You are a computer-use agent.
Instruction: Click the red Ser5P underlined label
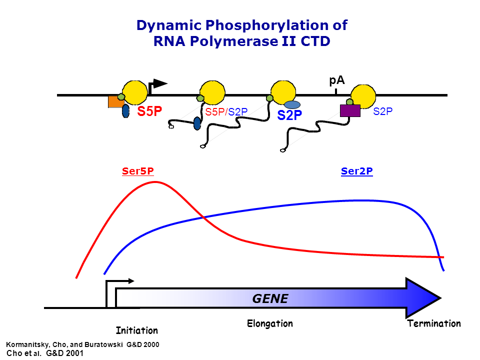click(x=137, y=171)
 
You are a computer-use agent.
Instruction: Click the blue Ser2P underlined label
click(x=357, y=171)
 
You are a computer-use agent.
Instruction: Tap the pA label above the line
click(x=337, y=81)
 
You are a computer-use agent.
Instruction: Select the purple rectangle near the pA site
click(x=350, y=110)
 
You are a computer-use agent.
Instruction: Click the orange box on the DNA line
click(x=115, y=102)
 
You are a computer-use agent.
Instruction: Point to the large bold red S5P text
click(x=150, y=111)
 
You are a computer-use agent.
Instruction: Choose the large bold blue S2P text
click(x=290, y=115)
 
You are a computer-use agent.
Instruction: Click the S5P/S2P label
click(x=226, y=112)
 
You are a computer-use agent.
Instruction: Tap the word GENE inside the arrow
click(x=270, y=299)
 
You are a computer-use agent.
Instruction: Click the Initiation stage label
click(x=136, y=330)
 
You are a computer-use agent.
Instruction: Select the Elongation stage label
click(x=270, y=323)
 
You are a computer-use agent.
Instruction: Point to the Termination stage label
click(x=434, y=323)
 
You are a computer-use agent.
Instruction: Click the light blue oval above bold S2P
click(x=292, y=104)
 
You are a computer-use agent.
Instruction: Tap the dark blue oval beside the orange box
click(x=126, y=111)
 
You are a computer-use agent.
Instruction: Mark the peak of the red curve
click(x=155, y=182)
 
